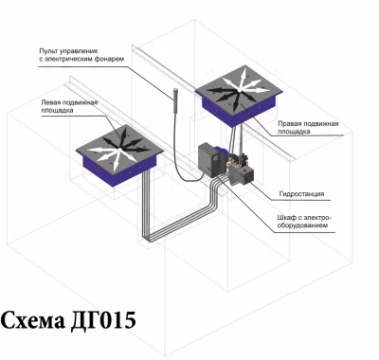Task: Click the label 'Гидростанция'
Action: (x=301, y=193)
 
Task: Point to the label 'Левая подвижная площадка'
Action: (x=69, y=106)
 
